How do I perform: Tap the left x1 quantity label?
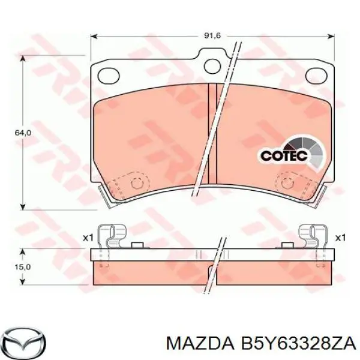[x=88, y=238]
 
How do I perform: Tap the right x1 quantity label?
[x=340, y=238]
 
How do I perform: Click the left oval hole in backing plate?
[x=110, y=74]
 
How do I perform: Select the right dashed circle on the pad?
[x=287, y=183]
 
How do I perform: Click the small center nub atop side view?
[x=137, y=244]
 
